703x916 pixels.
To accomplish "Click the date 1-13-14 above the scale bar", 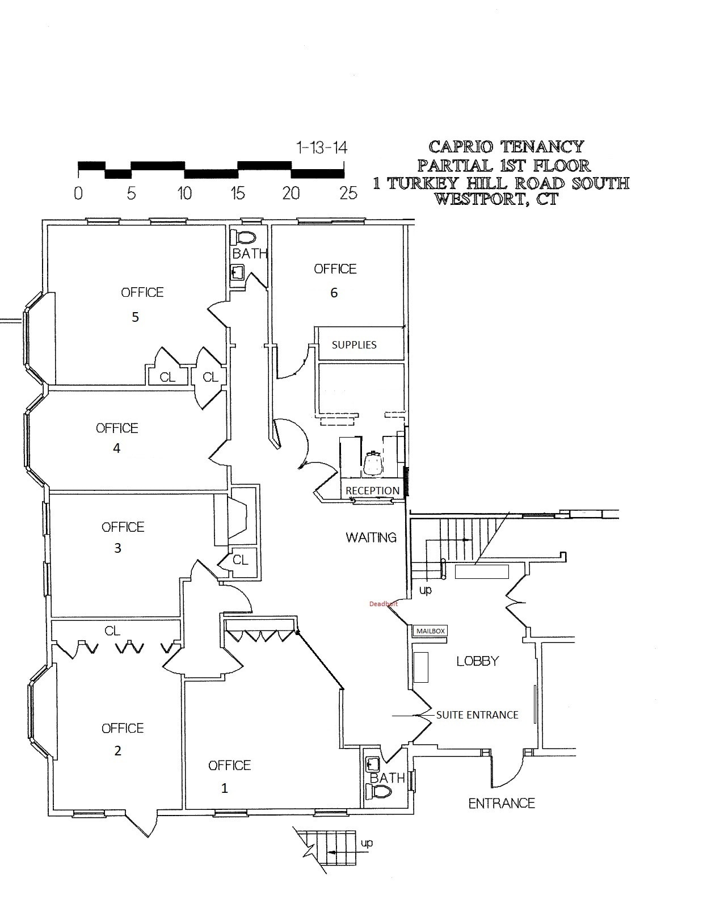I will (322, 148).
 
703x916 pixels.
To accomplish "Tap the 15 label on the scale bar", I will (238, 194).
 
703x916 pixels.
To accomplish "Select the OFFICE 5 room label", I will (142, 293).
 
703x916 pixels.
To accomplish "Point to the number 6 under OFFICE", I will (334, 293).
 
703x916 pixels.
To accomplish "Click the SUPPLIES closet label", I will (354, 344).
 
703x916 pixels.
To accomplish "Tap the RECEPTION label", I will (373, 490).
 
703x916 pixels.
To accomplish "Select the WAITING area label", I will (371, 537).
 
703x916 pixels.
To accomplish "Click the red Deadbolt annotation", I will (383, 604).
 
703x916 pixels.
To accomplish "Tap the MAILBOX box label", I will (431, 631).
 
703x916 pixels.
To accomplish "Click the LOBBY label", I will (478, 661).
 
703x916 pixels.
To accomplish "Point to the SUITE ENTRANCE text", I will (477, 715).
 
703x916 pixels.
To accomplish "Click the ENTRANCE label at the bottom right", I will (502, 803).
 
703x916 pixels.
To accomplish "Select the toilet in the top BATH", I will (246, 237).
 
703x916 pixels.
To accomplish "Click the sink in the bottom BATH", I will (373, 763).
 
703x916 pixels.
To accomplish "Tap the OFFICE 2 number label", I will (118, 751).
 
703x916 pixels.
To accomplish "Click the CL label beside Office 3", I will (241, 560).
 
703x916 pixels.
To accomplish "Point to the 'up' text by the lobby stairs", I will (425, 590).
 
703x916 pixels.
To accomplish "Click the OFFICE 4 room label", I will (117, 428).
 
